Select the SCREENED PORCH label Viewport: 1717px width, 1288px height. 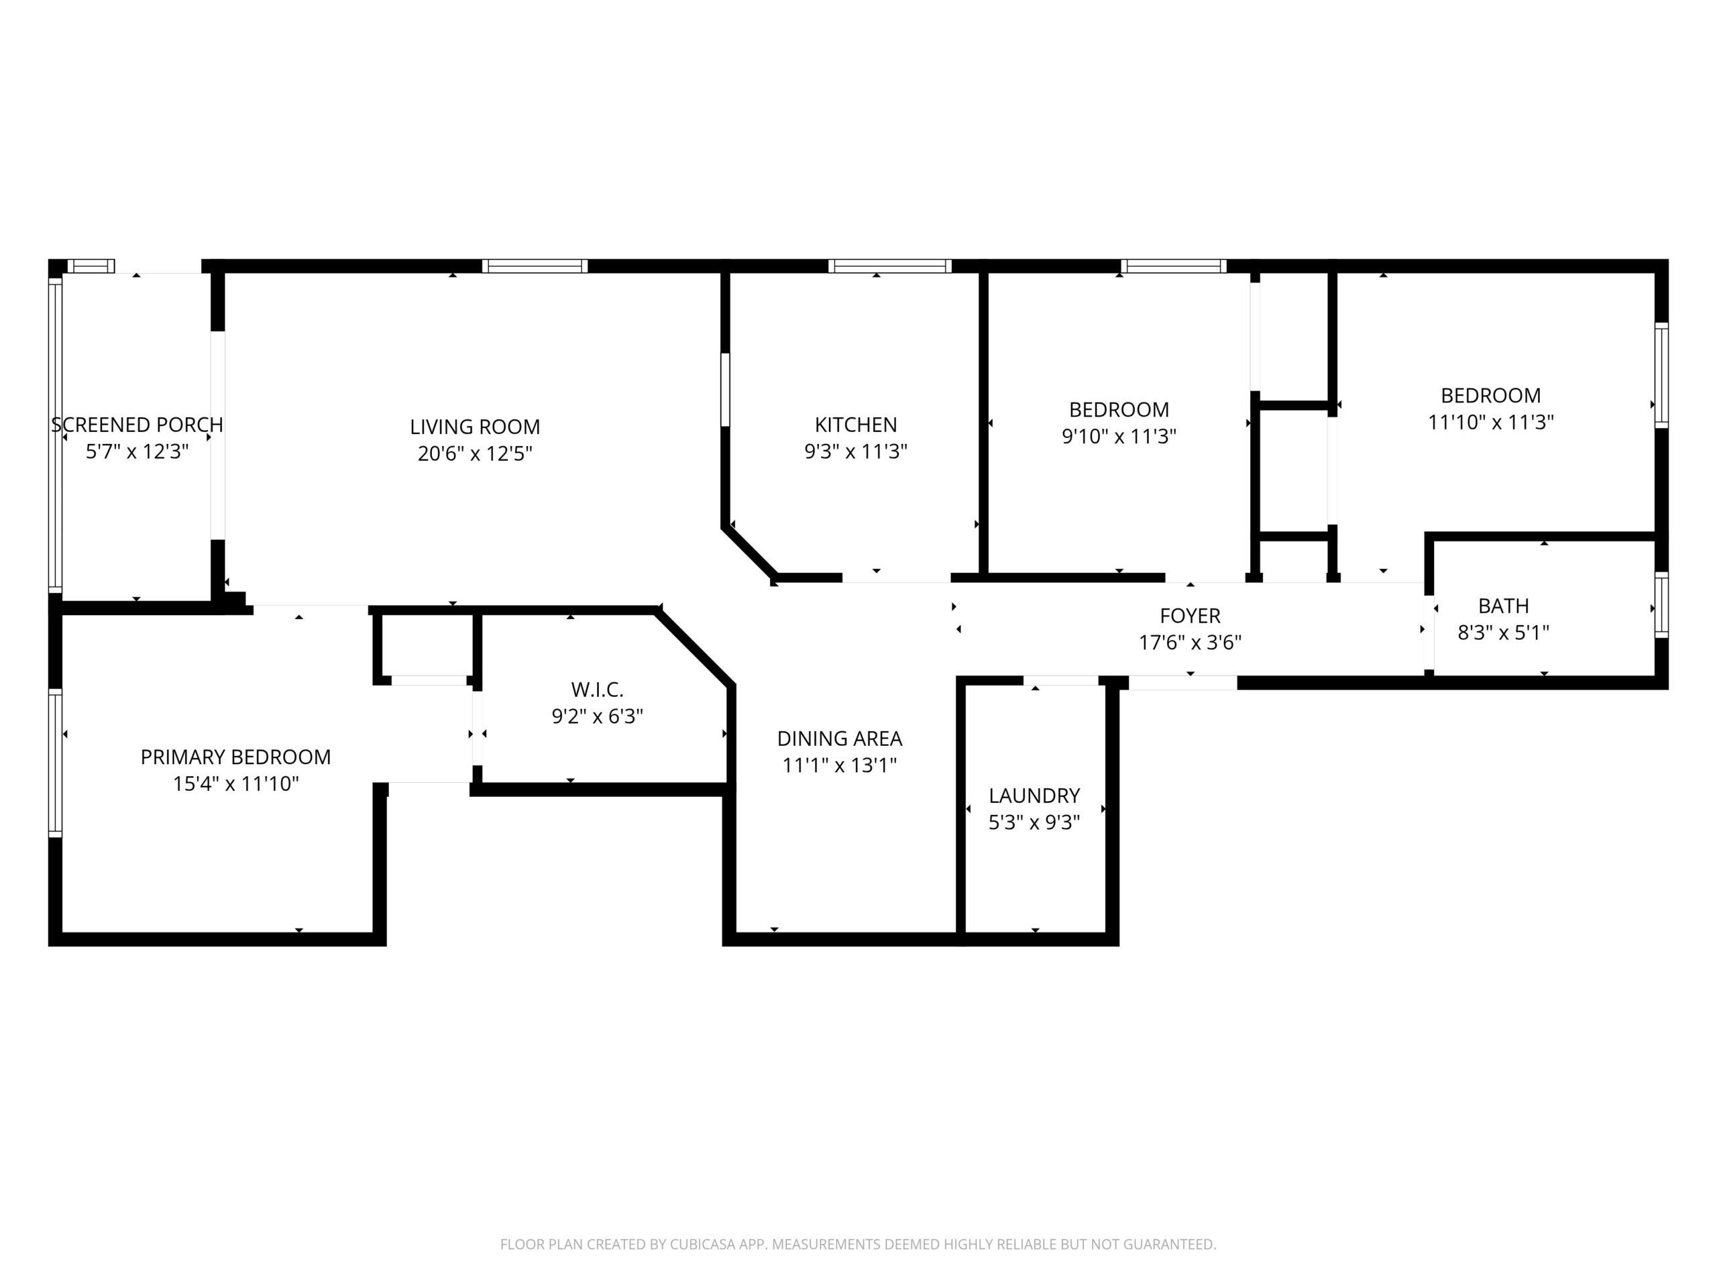click(137, 425)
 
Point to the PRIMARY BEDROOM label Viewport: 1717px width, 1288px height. click(235, 757)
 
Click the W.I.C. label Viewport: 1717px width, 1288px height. click(597, 690)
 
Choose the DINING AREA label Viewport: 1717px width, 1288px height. click(840, 739)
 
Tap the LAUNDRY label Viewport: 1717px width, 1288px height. click(1034, 796)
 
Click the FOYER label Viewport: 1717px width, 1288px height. click(1190, 616)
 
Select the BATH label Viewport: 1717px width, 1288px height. click(1504, 606)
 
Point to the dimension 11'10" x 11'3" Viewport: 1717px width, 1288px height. click(1490, 423)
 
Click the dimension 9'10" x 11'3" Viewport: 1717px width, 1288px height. click(1119, 436)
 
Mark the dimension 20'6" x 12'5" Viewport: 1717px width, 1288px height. click(475, 453)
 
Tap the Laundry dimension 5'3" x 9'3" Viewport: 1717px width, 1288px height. click(1034, 822)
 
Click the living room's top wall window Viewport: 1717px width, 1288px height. click(535, 266)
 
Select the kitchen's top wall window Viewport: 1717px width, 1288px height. click(889, 266)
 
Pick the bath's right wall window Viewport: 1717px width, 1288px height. click(1661, 606)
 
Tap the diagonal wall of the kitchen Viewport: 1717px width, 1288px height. click(750, 553)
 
